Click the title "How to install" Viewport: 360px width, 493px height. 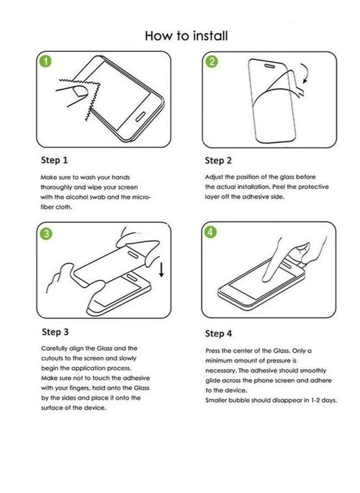[x=186, y=36]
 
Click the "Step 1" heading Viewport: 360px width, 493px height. [x=54, y=160]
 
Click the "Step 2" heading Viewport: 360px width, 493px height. [x=218, y=161]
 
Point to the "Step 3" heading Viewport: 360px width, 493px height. [x=55, y=332]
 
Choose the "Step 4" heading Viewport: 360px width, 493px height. [x=219, y=333]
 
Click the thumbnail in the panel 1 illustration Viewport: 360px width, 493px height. [x=81, y=92]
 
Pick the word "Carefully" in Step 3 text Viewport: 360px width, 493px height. [x=55, y=348]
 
